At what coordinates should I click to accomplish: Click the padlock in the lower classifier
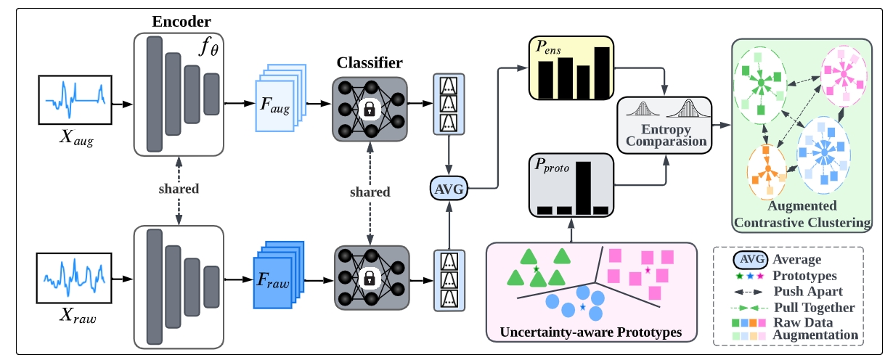369,277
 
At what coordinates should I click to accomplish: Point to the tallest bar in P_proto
583,187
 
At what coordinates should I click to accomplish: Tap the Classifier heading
370,62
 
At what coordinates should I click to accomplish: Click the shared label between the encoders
178,189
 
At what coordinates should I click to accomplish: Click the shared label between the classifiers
370,192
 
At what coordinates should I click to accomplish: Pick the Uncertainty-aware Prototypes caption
592,333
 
